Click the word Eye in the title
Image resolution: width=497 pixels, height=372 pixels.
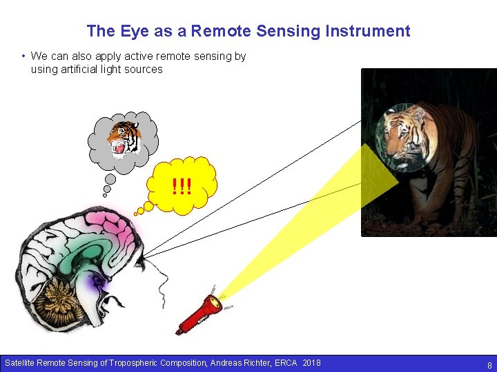pos(131,31)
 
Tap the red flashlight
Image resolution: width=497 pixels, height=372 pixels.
pos(200,313)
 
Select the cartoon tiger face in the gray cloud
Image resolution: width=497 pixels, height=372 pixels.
pos(124,139)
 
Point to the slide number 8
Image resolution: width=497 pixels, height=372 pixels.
pos(489,365)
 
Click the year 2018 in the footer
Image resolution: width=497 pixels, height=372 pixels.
pos(311,362)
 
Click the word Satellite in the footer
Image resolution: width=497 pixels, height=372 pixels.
pos(19,362)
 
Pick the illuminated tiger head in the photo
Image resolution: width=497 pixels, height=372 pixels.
pos(406,136)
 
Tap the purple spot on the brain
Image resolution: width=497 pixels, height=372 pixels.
pos(99,280)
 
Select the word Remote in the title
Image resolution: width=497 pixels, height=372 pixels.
pos(218,31)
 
